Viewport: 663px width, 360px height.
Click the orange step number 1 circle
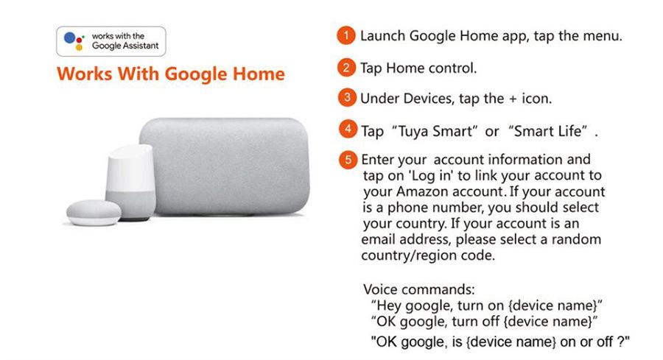(346, 35)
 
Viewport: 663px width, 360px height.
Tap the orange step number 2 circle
(346, 68)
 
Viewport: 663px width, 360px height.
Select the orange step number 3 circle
(347, 98)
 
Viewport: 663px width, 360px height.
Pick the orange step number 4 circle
(348, 129)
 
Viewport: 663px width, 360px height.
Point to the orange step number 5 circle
(348, 160)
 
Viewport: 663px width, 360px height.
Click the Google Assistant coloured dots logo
(74, 41)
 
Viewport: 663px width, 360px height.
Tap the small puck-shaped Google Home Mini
(94, 213)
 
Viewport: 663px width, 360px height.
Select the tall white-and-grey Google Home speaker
(130, 183)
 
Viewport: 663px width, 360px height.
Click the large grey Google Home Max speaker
(225, 167)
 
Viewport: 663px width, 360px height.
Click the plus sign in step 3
(513, 99)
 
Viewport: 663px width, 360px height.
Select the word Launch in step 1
(382, 36)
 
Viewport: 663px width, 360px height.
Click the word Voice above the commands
(381, 289)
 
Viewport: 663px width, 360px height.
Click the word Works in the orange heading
(85, 74)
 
